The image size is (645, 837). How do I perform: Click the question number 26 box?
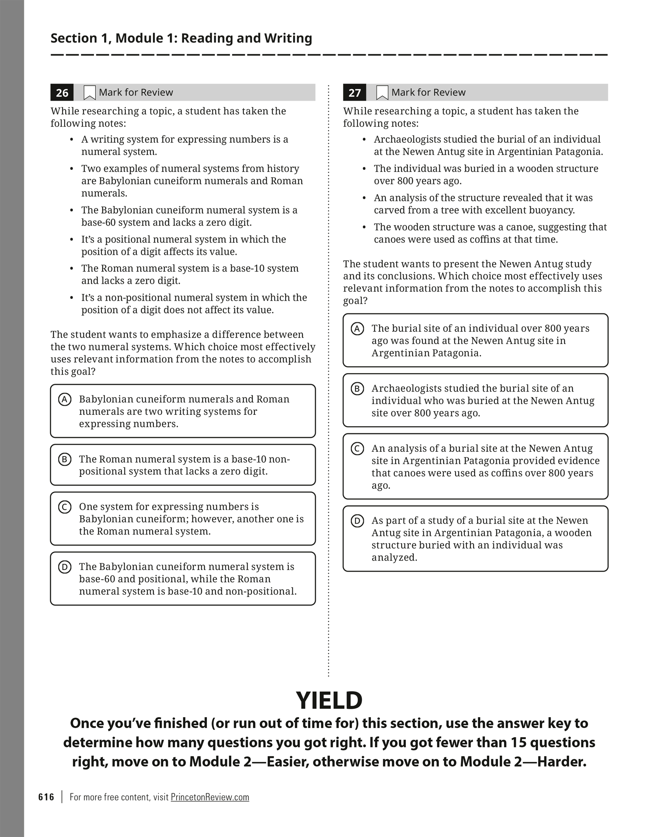62,93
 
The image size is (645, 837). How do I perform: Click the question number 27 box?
354,93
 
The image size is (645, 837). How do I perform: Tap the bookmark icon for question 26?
90,93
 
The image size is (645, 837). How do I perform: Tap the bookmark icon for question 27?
382,93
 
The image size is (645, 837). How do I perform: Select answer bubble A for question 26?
64,399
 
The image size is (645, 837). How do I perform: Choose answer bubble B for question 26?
64,459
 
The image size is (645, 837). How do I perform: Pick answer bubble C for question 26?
64,507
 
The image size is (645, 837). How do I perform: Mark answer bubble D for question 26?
64,567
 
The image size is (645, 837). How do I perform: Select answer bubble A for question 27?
357,329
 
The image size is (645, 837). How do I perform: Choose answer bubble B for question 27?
357,389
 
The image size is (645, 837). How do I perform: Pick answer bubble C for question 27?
357,449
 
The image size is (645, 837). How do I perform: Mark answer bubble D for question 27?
357,521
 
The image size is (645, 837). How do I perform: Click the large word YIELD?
329,701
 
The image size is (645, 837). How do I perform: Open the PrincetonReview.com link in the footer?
210,797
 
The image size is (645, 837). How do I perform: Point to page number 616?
46,797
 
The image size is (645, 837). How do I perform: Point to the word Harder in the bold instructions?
561,762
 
